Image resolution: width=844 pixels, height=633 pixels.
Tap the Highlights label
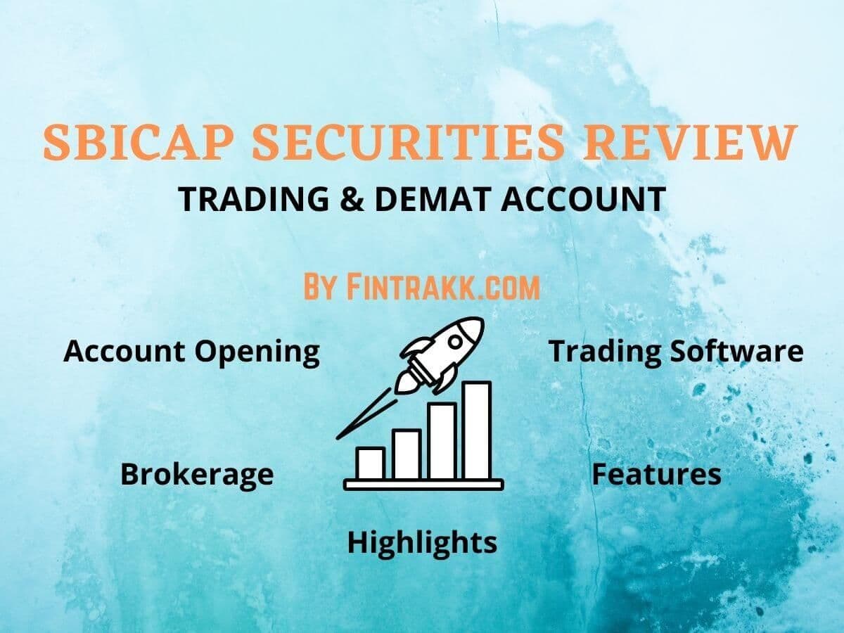[422, 542]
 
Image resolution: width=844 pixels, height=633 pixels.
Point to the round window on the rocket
[455, 342]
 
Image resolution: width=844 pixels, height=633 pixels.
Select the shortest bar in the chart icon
[371, 462]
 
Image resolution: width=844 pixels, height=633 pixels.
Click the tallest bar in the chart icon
[477, 430]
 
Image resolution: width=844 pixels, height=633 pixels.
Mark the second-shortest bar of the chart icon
[407, 454]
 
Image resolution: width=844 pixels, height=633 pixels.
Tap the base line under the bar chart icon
[423, 484]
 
